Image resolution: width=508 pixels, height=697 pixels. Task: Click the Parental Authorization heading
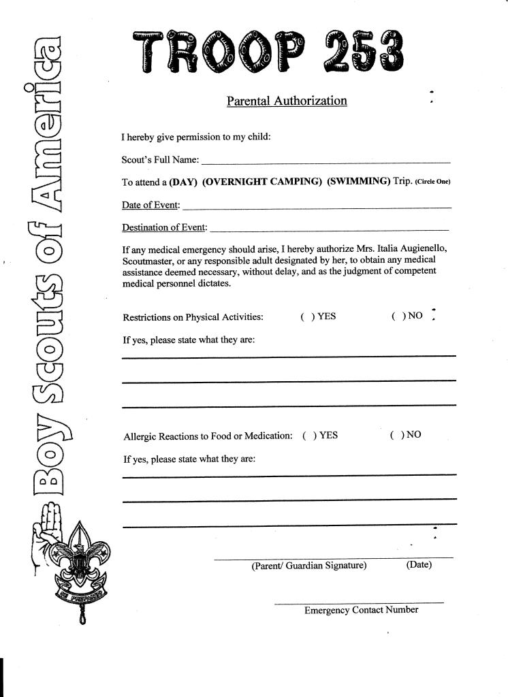click(x=287, y=101)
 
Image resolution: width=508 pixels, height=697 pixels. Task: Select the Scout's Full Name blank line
click(x=326, y=162)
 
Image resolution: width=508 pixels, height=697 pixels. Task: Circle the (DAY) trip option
click(x=182, y=182)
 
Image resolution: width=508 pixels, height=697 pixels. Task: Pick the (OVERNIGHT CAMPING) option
click(x=262, y=182)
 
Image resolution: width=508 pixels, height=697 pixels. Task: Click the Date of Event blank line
click(x=317, y=206)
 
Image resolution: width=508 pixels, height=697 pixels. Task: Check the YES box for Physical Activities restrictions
click(x=306, y=317)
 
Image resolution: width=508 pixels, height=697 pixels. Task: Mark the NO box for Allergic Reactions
click(x=396, y=435)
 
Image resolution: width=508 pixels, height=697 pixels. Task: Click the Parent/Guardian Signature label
click(x=309, y=566)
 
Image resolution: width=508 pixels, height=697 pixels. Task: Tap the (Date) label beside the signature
click(x=419, y=565)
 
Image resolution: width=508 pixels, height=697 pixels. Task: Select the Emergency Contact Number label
click(x=361, y=610)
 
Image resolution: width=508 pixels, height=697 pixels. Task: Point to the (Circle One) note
click(x=432, y=182)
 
